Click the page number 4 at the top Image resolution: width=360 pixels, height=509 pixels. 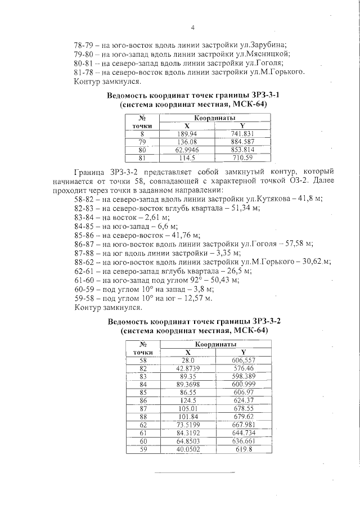tap(193, 27)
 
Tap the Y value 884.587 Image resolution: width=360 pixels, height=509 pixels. tap(242, 142)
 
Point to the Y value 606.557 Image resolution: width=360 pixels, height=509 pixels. tap(243, 359)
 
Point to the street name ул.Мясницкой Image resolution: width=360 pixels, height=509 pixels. tap(266, 53)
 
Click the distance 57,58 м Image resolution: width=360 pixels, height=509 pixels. tap(299, 244)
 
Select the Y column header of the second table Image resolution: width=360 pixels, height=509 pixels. tap(243, 351)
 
